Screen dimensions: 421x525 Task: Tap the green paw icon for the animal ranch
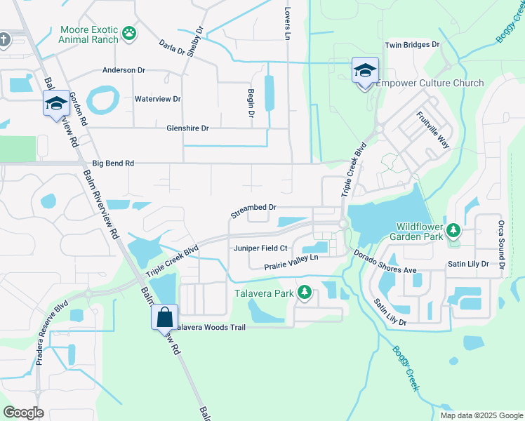point(129,32)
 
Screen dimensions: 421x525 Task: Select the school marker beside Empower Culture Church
point(365,72)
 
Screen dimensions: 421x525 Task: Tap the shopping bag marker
point(164,316)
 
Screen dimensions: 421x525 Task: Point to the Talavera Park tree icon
point(305,292)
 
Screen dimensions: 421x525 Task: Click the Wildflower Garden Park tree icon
point(453,230)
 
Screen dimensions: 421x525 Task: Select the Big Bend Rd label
point(112,163)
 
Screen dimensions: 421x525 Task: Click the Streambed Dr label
point(254,208)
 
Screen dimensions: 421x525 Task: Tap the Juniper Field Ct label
point(260,248)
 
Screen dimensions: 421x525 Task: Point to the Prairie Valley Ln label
point(291,262)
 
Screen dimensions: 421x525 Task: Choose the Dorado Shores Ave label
point(385,262)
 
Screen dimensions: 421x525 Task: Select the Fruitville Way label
point(432,130)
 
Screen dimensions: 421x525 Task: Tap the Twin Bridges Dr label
point(411,44)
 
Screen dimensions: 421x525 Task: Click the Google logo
point(24,413)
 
